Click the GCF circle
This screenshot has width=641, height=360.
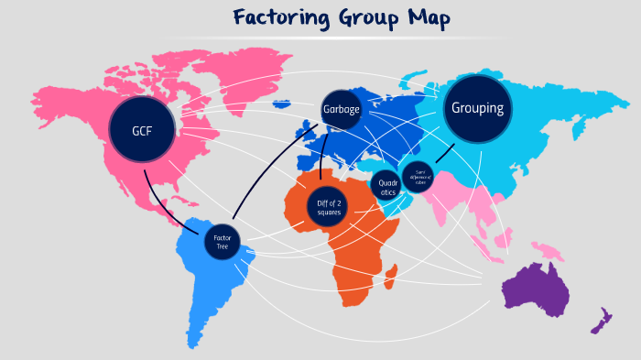click(141, 130)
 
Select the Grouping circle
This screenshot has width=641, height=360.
click(477, 108)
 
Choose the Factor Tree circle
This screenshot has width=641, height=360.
click(223, 240)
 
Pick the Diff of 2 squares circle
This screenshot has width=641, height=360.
click(329, 207)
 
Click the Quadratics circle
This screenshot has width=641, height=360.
click(387, 188)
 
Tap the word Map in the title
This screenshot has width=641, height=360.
click(430, 19)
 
